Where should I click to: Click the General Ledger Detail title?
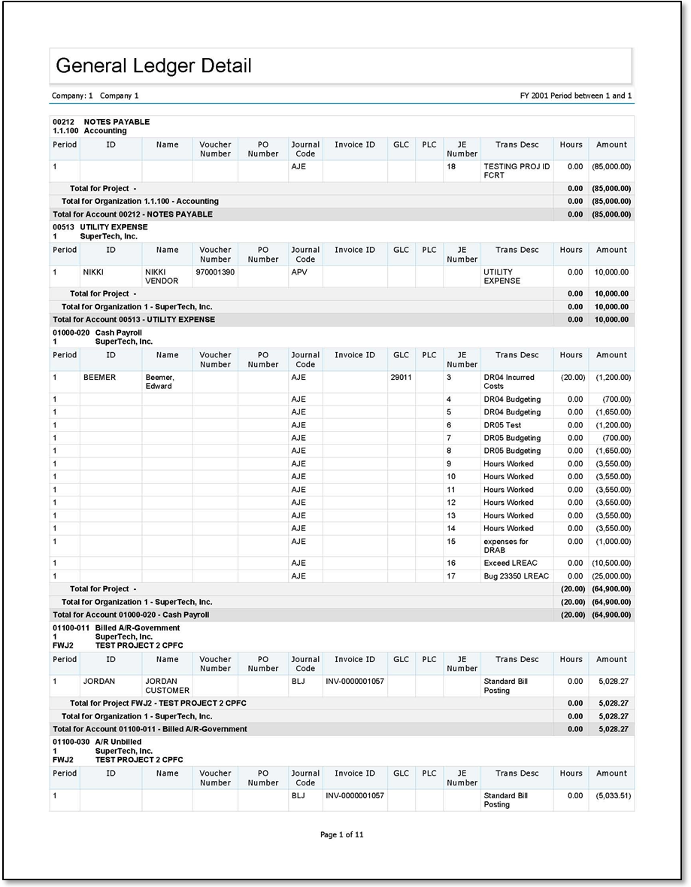(153, 66)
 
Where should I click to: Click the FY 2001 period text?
(575, 96)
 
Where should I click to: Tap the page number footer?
(342, 834)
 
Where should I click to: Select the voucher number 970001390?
(215, 272)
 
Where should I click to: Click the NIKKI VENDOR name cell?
(162, 276)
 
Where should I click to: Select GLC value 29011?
(401, 378)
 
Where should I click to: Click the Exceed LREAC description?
(511, 563)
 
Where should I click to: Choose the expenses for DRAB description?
(506, 545)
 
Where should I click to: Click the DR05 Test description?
(502, 425)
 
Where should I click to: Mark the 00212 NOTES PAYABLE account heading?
(101, 122)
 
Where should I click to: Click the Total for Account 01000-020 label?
(131, 615)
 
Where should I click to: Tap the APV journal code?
(299, 272)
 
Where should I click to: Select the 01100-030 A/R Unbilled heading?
(97, 742)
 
